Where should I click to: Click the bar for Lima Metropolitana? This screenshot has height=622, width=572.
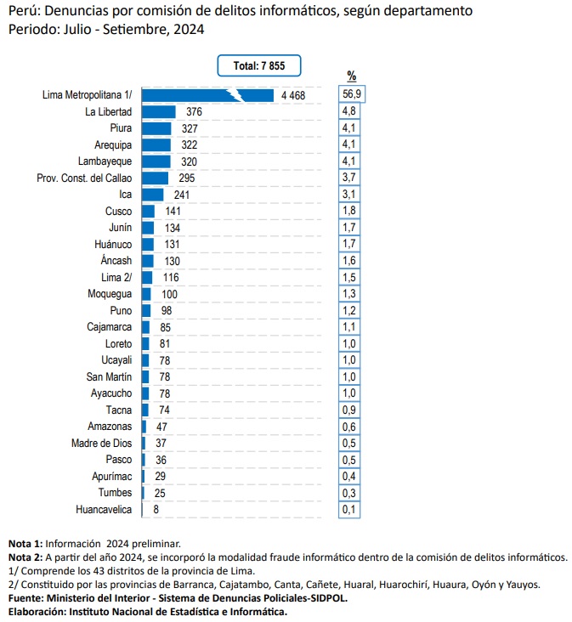tap(207, 96)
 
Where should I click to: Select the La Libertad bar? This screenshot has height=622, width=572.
tap(159, 112)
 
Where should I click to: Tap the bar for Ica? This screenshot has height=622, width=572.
tap(152, 195)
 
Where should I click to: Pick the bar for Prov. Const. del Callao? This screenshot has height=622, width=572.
tap(155, 178)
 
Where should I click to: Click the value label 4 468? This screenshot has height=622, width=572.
tap(293, 96)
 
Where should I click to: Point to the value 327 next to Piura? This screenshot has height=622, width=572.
tap(190, 128)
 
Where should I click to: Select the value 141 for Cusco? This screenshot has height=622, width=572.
tap(173, 211)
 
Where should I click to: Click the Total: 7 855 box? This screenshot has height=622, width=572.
tap(259, 65)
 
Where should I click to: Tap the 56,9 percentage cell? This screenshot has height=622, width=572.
tap(352, 94)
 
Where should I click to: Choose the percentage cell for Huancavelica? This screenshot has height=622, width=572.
tap(349, 509)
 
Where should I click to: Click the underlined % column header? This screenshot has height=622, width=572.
tap(352, 76)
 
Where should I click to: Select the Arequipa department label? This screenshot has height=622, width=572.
tap(113, 145)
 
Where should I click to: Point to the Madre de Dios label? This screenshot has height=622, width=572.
tap(101, 443)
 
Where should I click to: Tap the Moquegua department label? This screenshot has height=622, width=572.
tap(110, 294)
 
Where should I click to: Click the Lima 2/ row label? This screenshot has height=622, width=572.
tap(116, 277)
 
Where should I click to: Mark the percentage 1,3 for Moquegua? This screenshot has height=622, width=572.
tap(349, 294)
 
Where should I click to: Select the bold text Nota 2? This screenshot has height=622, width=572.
tap(25, 557)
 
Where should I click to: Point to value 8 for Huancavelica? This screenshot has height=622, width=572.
tap(156, 509)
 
